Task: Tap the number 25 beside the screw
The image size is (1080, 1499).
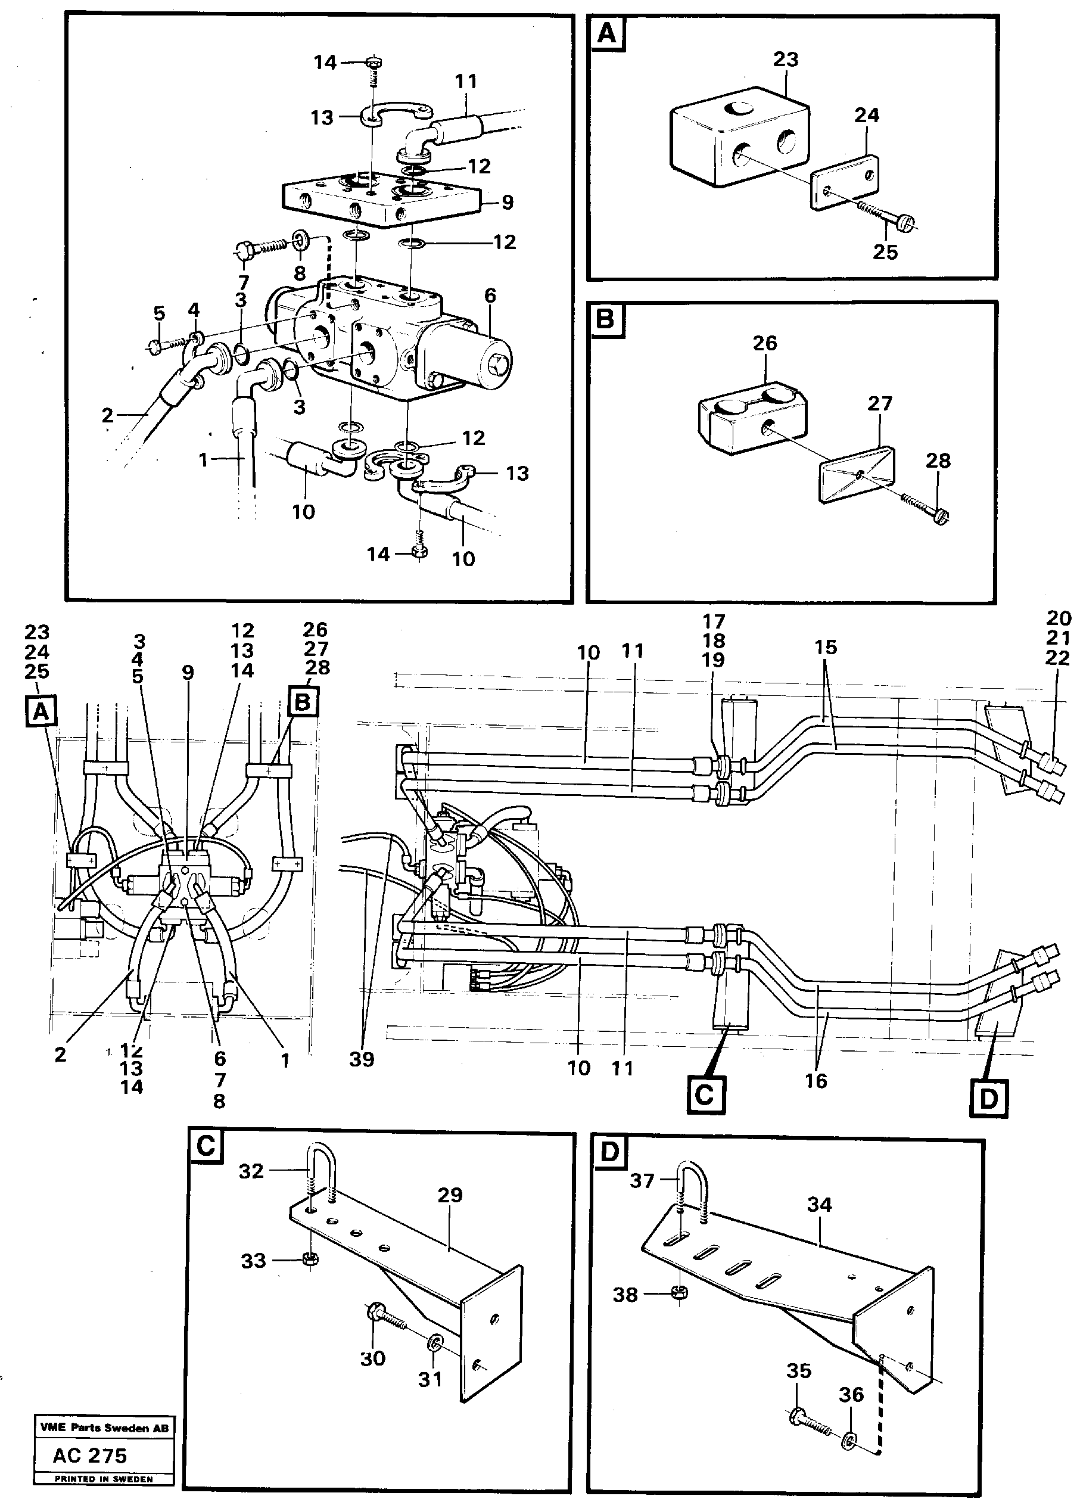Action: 885,252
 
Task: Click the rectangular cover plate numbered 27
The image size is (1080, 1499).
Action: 856,473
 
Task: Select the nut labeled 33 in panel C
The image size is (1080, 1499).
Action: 308,1258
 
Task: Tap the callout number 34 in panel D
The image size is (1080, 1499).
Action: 819,1205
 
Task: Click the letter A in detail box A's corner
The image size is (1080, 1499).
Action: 607,33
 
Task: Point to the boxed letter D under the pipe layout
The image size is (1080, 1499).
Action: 989,1099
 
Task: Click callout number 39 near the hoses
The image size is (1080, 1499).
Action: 362,1059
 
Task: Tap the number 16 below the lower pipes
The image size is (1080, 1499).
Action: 816,1081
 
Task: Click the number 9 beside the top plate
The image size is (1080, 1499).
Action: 508,201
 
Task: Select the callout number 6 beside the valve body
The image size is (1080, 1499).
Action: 490,295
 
